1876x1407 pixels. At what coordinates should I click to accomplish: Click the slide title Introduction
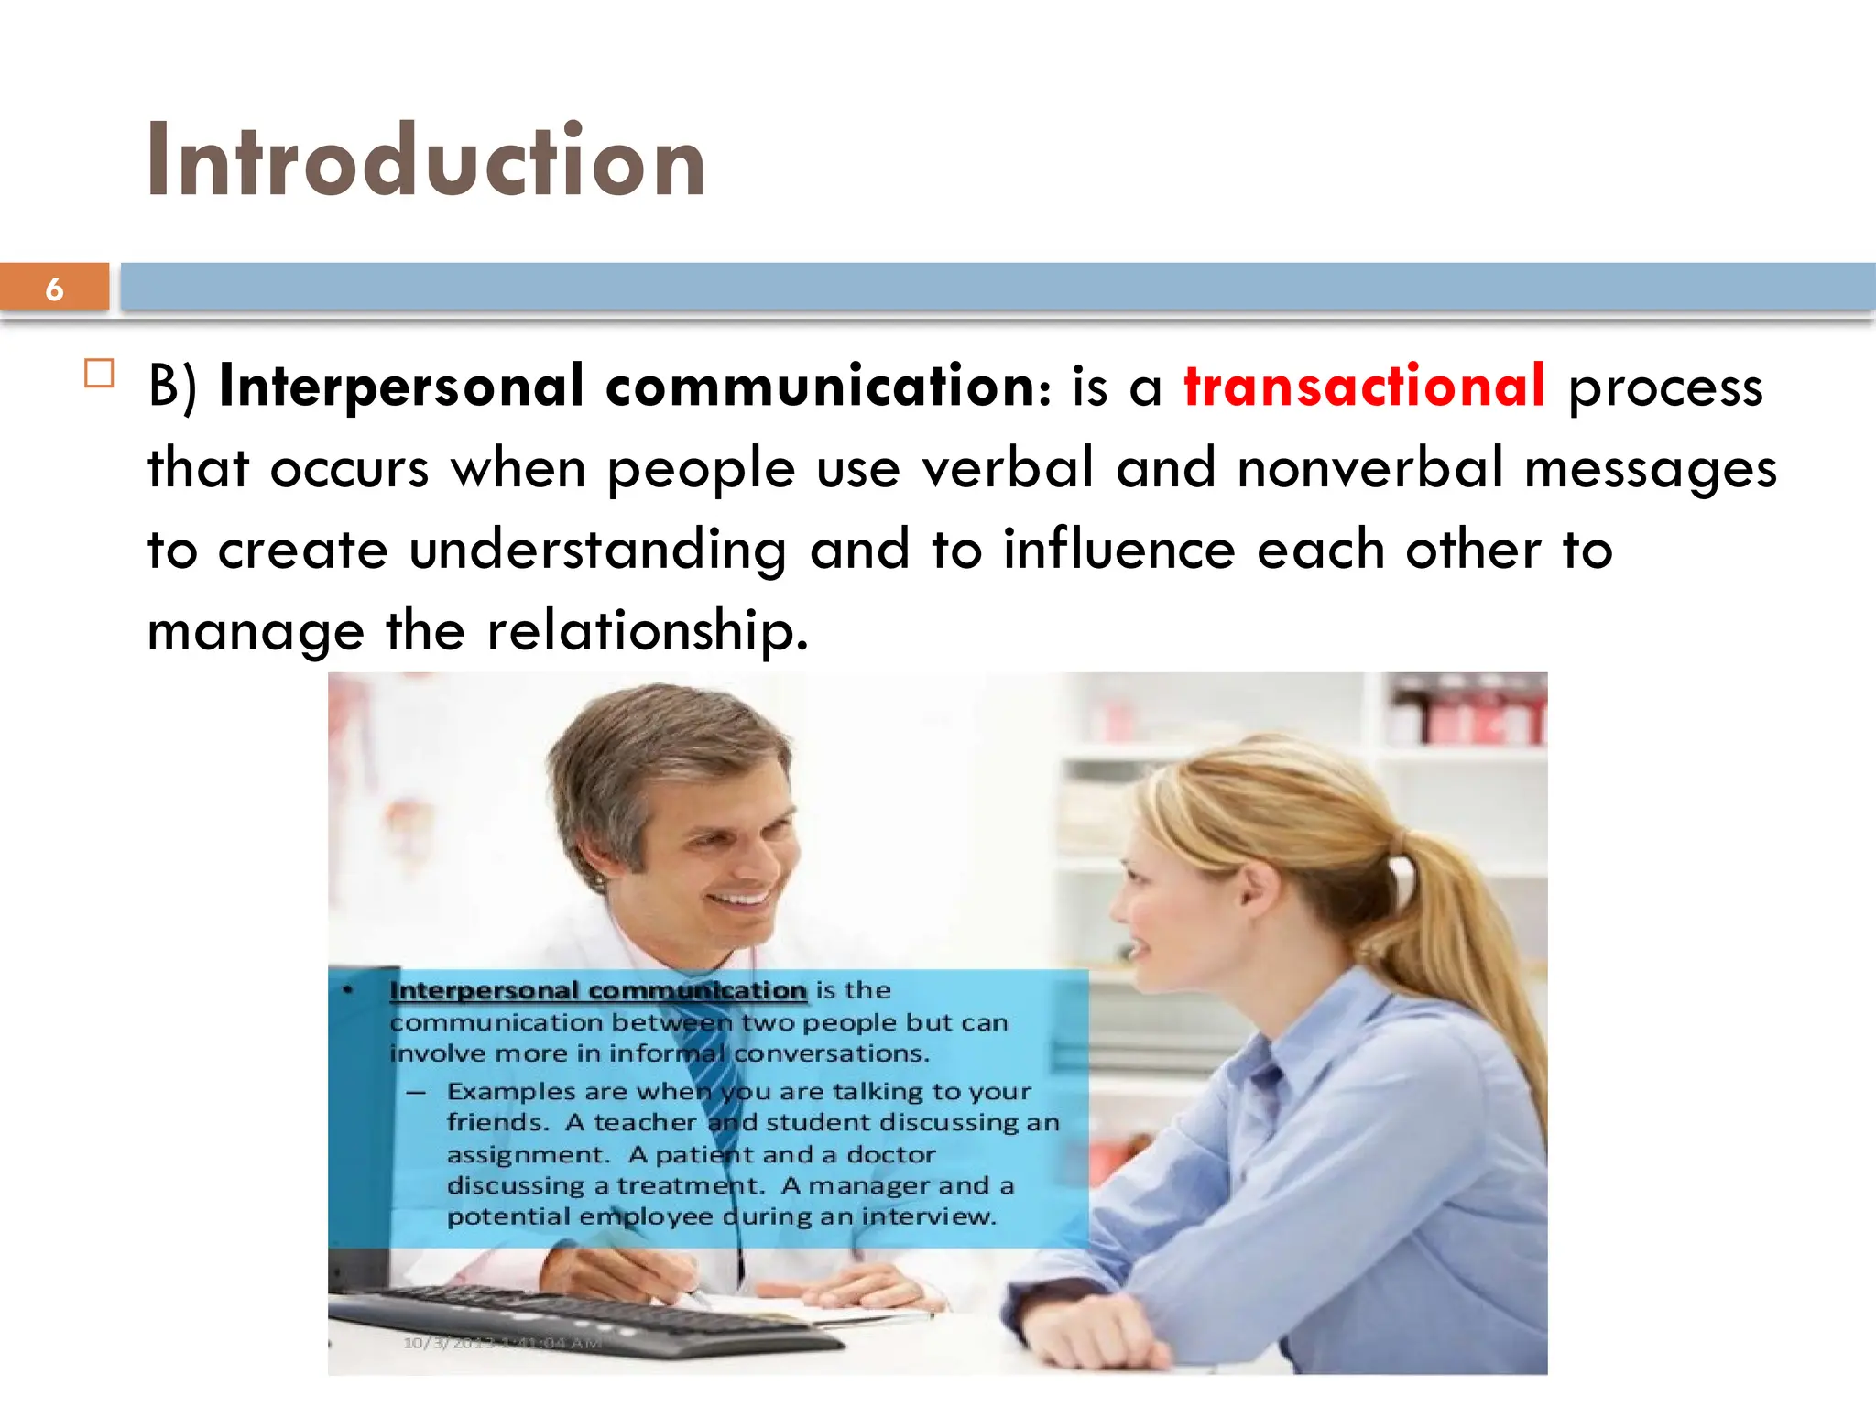point(426,161)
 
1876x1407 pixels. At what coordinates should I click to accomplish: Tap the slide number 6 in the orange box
point(54,289)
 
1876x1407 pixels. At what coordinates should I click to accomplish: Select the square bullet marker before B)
point(99,374)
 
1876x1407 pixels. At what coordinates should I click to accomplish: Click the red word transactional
point(1364,387)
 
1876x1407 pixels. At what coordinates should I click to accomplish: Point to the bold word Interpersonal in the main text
point(401,387)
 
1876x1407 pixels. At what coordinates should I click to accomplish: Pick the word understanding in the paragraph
point(597,551)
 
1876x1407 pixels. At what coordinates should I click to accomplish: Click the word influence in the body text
point(1118,550)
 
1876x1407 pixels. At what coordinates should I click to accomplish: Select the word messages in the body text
point(1650,470)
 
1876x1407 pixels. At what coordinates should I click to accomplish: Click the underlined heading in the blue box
point(597,990)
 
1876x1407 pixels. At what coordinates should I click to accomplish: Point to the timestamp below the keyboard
point(502,1343)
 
